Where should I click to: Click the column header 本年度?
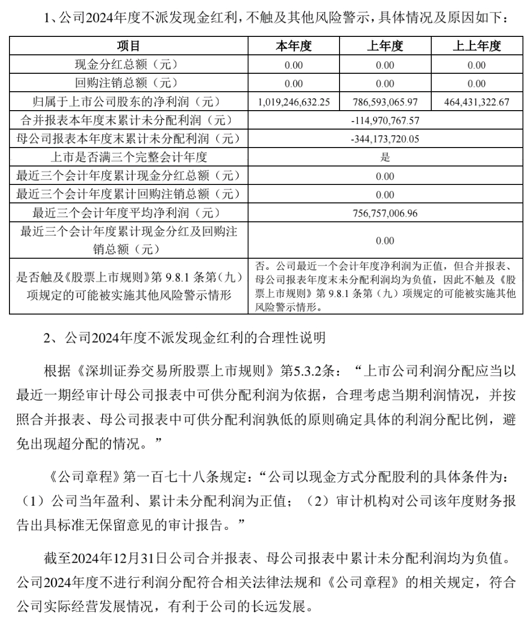tap(294, 46)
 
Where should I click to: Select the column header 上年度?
tap(385, 46)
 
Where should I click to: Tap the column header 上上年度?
tap(477, 46)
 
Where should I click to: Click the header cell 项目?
tap(129, 46)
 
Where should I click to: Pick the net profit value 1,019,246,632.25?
tap(294, 102)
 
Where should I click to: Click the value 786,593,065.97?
tap(385, 102)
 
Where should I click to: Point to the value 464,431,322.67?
tap(477, 102)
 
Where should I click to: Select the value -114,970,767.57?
tap(385, 121)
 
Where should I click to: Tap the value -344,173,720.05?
tap(385, 139)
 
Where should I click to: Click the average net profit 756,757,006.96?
tap(385, 213)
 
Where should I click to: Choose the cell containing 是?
tap(385, 157)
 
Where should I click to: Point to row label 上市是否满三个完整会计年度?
tap(129, 157)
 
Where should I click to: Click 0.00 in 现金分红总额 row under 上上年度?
tap(477, 65)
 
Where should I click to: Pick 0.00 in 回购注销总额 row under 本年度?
tap(294, 84)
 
